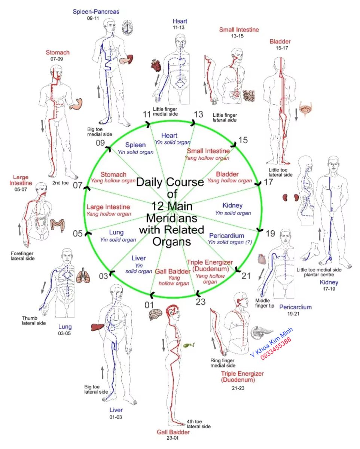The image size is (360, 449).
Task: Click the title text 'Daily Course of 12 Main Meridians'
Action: pos(170,211)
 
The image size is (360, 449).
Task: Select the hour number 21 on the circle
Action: pos(245,276)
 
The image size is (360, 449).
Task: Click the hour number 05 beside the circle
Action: pos(77,234)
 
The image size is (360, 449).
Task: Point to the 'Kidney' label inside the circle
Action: pos(232,205)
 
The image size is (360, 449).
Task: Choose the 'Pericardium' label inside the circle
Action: pos(226,236)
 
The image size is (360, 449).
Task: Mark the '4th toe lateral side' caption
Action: pos(198,424)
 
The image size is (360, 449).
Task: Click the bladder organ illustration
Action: pos(305,109)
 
